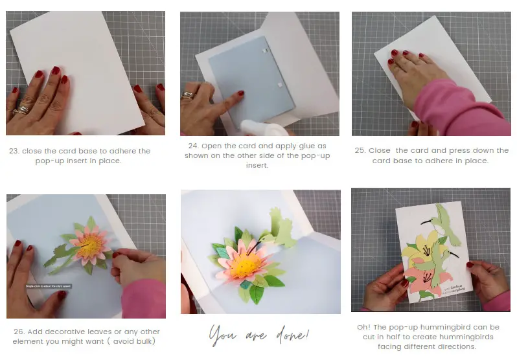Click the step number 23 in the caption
14,151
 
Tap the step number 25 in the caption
360,150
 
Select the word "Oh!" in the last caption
365,327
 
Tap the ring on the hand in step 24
187,95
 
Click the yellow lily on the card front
428,249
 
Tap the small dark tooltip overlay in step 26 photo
49,286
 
